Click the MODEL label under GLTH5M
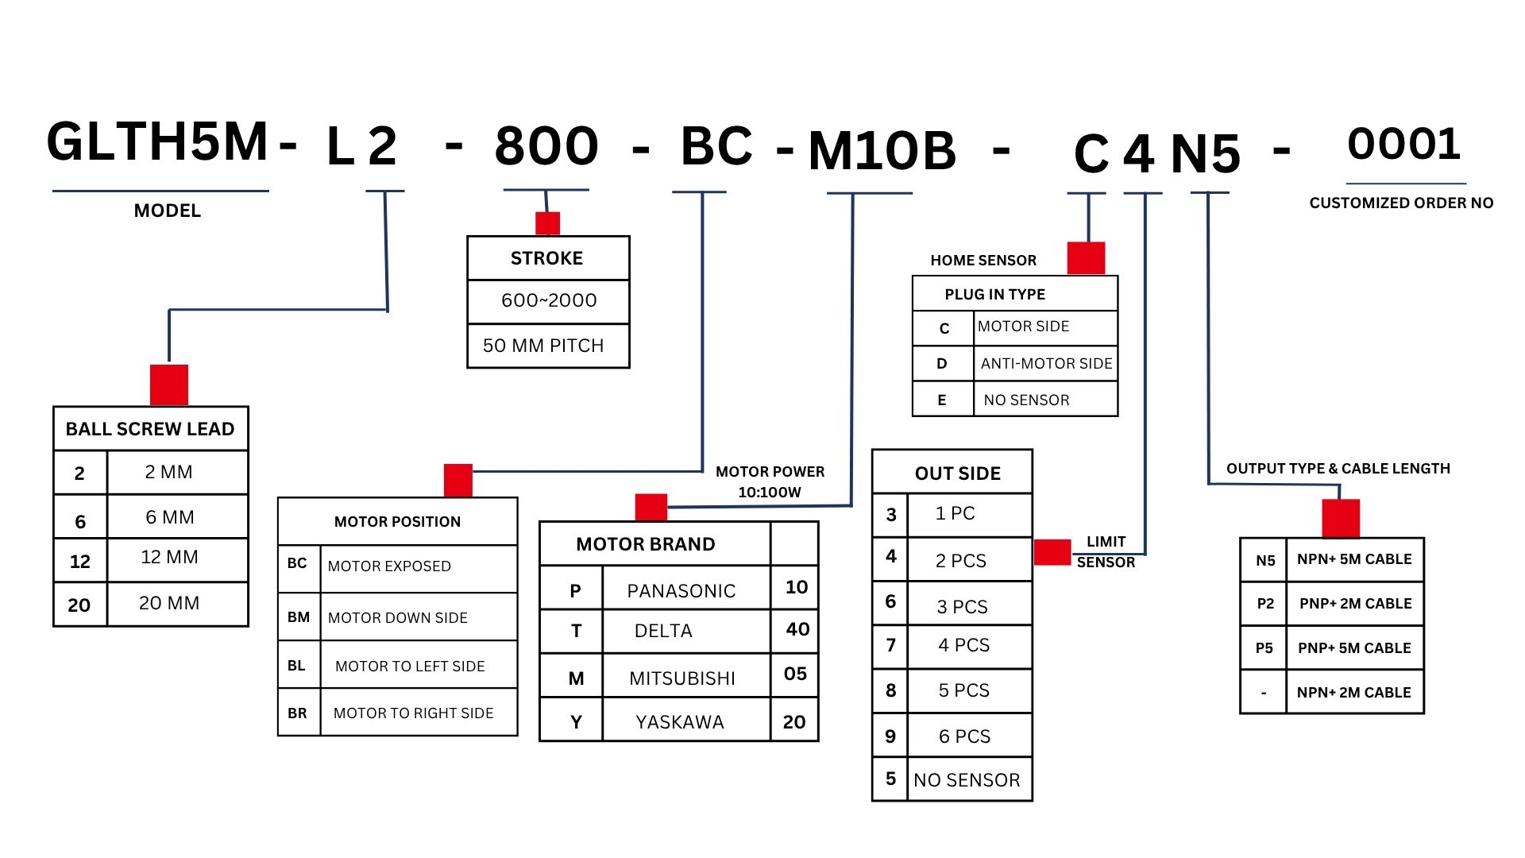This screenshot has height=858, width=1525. pos(167,211)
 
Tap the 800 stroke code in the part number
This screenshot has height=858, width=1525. pos(546,146)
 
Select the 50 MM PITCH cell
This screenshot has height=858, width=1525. pos(543,346)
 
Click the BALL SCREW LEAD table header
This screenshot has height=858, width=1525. pos(150,429)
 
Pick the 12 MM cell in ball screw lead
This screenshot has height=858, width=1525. pos(169,557)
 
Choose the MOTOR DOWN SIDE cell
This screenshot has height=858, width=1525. pos(398,617)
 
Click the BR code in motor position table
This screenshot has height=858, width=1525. pos(297,713)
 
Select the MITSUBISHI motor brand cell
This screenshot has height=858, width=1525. pos(682,678)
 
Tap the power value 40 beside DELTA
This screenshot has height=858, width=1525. pos(797,629)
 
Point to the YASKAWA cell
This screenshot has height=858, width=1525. pos(680,722)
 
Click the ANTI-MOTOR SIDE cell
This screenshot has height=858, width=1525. pos(1046,363)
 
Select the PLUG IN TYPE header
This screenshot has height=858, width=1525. pos(994,294)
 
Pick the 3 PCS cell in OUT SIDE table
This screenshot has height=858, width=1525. pos(962,607)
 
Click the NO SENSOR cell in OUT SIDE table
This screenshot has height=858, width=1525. pos(967,780)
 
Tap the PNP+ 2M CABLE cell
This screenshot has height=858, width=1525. pos(1355,603)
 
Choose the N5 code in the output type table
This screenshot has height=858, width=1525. pos(1265,560)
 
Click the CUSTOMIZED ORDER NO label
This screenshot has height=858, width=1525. pos(1401,203)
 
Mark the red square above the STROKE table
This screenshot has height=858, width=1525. pos(547,223)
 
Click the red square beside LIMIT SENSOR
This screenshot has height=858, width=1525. pos(1052,552)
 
